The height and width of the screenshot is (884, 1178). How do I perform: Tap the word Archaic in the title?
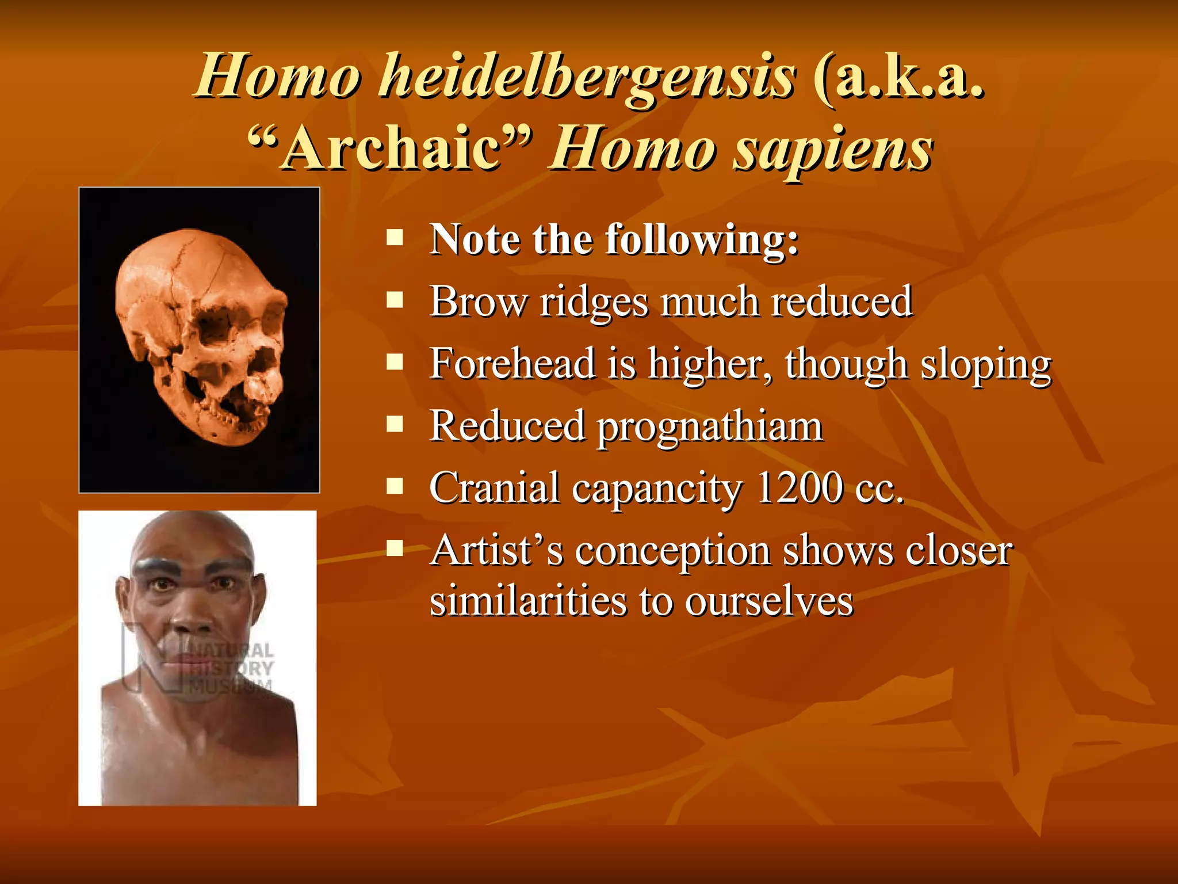point(391,148)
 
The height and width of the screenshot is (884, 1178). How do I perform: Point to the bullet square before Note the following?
point(395,238)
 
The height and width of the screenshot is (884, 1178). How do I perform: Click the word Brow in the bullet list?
point(478,301)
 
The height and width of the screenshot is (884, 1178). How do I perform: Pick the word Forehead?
point(512,364)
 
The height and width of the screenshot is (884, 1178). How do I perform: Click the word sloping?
point(986,365)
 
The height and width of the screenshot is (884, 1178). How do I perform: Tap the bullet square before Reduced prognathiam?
point(395,425)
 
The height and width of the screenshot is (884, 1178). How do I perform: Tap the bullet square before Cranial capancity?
point(395,487)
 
